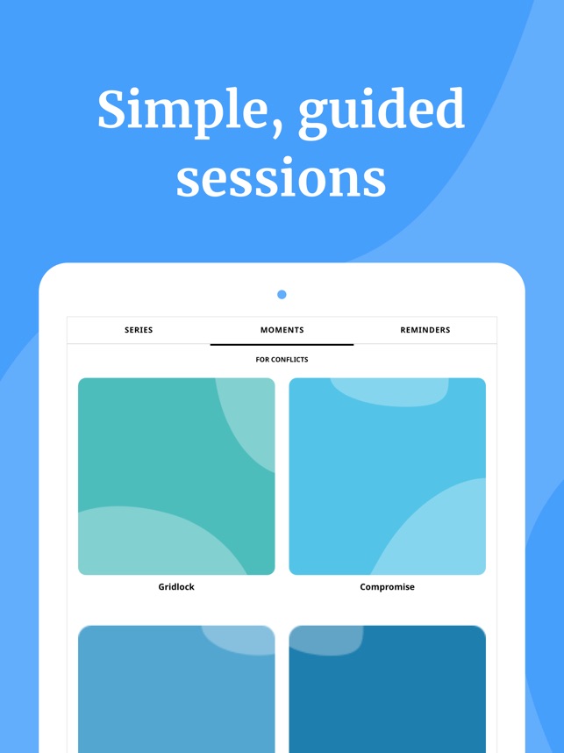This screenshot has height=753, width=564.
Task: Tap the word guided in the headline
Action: coord(382,113)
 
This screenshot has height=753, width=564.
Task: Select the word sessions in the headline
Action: coord(282,179)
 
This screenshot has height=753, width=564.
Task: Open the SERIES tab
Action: coord(139,330)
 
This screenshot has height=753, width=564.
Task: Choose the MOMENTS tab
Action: coord(282,330)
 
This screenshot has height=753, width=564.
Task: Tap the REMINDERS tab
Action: coord(425,330)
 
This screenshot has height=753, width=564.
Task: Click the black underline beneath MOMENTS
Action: coord(282,344)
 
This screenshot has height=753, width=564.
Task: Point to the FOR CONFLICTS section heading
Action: coord(282,359)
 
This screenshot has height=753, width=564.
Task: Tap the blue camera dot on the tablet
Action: coord(282,294)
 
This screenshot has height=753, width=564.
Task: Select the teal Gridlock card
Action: coord(176,477)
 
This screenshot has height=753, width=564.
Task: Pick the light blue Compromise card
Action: coord(388,477)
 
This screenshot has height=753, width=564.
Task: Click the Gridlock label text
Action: coord(176,587)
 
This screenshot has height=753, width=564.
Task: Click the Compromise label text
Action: coord(388,587)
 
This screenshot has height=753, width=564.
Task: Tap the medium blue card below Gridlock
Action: coord(176,689)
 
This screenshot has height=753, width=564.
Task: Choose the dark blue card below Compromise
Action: coord(388,689)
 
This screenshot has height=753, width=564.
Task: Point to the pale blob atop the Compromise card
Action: coord(389,391)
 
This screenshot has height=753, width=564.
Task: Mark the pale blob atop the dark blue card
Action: coord(326,640)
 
